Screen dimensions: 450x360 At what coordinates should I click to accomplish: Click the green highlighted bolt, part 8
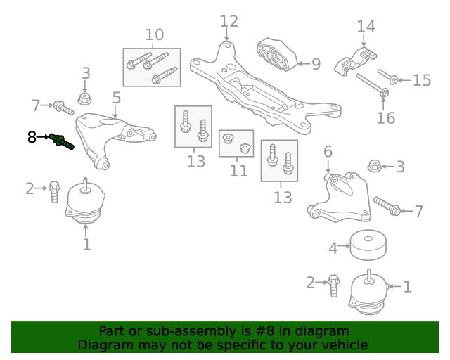(61, 141)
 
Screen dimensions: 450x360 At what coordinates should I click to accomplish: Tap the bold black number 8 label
(32, 137)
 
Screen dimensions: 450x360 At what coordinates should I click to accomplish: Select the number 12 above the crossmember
(229, 22)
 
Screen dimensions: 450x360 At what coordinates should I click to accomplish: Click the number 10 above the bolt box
(155, 34)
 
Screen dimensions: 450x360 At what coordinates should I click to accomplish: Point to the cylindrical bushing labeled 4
(368, 245)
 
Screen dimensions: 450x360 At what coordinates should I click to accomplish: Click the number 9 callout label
(316, 64)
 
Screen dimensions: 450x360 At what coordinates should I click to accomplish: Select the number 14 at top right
(366, 27)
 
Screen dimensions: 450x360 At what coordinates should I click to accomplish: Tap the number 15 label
(422, 80)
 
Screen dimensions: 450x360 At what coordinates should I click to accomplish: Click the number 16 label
(386, 118)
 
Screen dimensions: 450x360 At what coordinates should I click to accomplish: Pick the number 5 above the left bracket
(117, 98)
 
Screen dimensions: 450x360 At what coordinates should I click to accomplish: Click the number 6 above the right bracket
(328, 151)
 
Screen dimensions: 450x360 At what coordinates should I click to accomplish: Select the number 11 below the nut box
(239, 171)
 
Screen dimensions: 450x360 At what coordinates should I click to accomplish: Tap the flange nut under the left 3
(84, 98)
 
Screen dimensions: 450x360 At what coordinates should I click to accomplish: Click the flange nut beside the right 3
(374, 166)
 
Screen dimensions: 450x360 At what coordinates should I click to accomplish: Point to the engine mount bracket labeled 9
(276, 55)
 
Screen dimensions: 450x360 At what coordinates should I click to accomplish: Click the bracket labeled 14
(356, 62)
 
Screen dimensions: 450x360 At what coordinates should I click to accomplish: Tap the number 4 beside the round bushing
(333, 248)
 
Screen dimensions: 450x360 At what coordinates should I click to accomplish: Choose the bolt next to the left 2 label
(54, 192)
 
